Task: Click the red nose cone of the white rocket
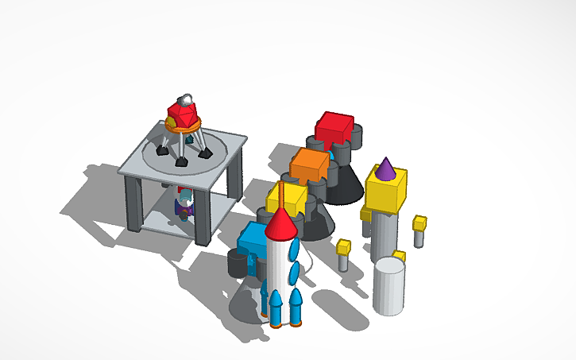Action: coord(281,226)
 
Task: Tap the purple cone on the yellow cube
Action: coord(385,168)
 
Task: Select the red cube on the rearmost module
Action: coord(334,128)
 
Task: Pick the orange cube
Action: coord(309,165)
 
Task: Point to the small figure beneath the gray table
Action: coord(184,203)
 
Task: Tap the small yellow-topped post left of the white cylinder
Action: coord(343,254)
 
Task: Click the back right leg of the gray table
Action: coord(234,175)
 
